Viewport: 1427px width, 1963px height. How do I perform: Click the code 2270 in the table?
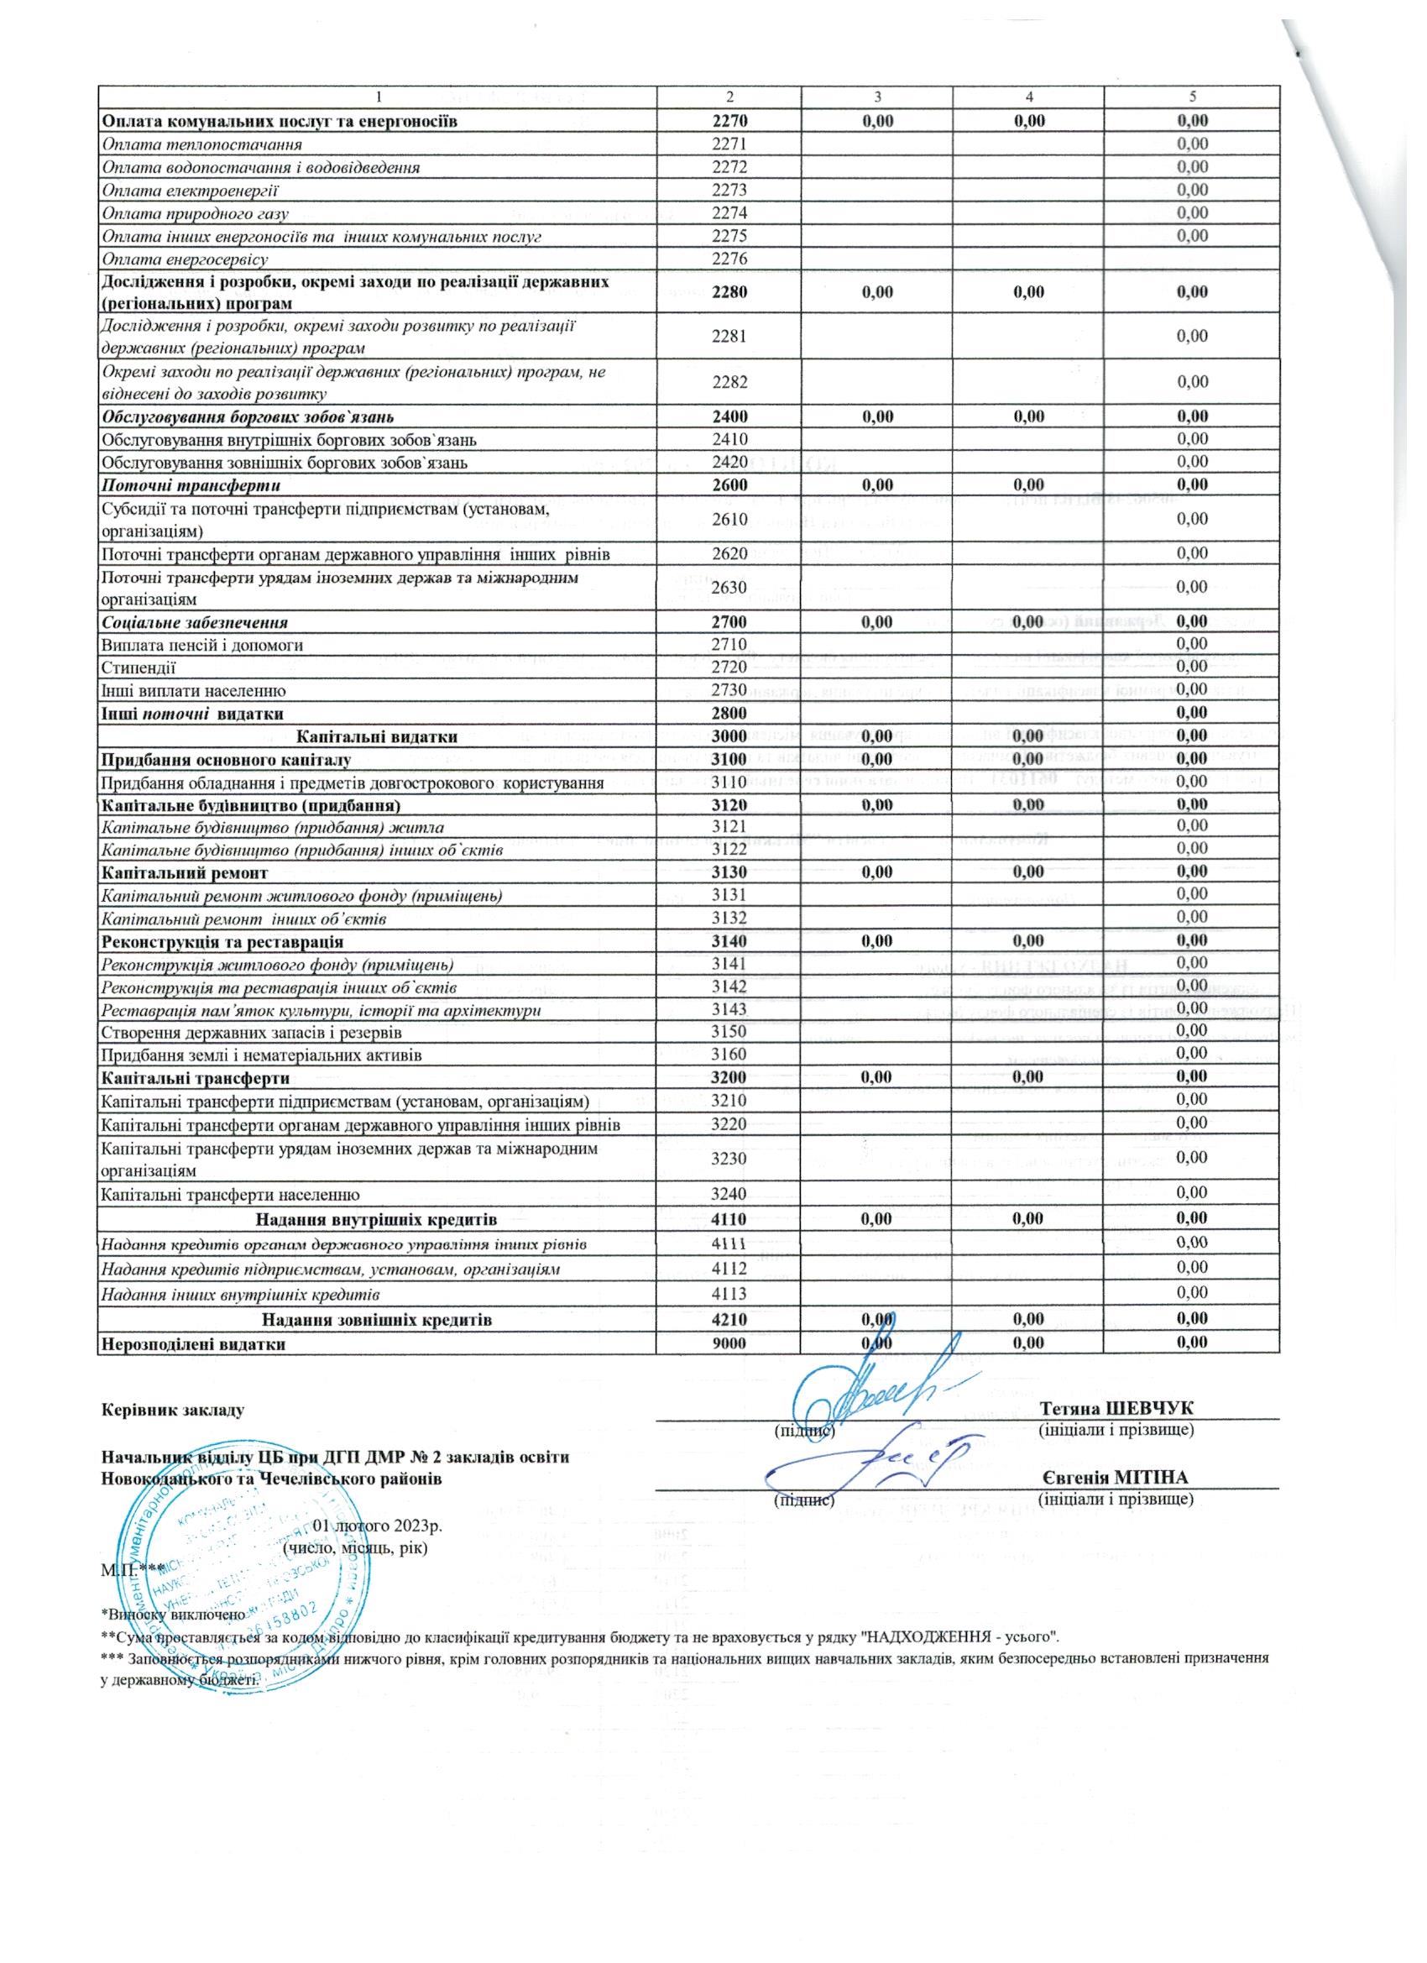coord(729,120)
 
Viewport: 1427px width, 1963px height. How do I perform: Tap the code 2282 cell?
coord(729,382)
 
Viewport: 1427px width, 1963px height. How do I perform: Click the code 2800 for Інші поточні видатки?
coord(729,713)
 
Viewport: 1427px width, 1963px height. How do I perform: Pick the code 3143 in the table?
coord(729,1009)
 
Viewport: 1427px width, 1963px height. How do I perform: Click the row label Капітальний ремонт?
coord(185,872)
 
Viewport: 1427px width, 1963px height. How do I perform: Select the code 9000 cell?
coord(729,1344)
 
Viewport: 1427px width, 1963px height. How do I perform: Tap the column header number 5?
coord(1192,97)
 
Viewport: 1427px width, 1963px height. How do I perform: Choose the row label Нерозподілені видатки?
coord(193,1344)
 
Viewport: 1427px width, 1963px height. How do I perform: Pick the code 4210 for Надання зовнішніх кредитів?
coord(729,1321)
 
